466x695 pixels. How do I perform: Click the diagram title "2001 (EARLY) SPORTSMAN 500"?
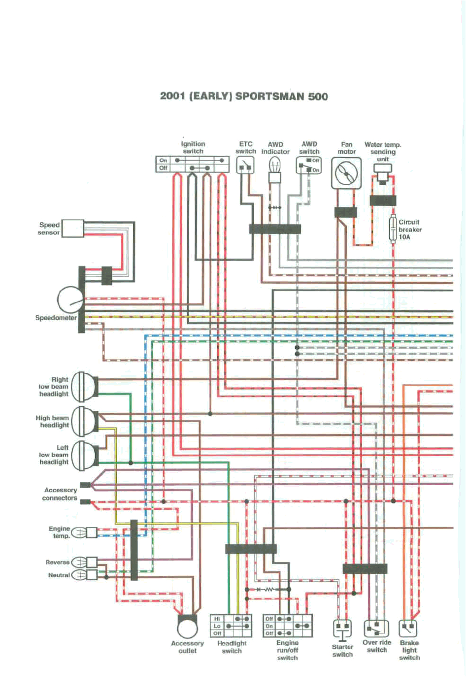point(244,96)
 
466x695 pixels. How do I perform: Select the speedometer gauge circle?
point(70,299)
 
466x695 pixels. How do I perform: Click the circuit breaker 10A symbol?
point(393,229)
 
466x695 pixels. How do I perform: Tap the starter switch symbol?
point(342,629)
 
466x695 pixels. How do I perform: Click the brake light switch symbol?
point(408,629)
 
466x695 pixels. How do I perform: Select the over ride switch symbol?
point(376,629)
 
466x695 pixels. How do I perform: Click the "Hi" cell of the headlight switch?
point(217,619)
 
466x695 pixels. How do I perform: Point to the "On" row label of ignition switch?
point(163,161)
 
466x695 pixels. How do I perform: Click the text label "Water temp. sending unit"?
point(383,152)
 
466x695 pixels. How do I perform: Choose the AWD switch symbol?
point(309,165)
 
